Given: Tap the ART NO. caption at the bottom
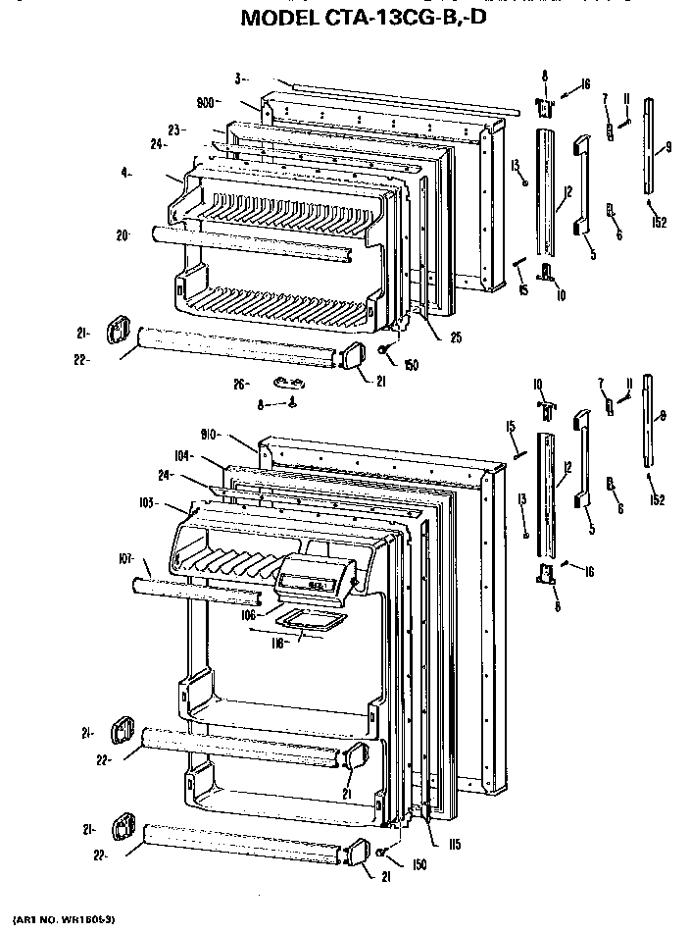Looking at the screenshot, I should click(61, 918).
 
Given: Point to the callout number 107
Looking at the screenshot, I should click(126, 560).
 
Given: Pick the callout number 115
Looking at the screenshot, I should click(455, 844).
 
